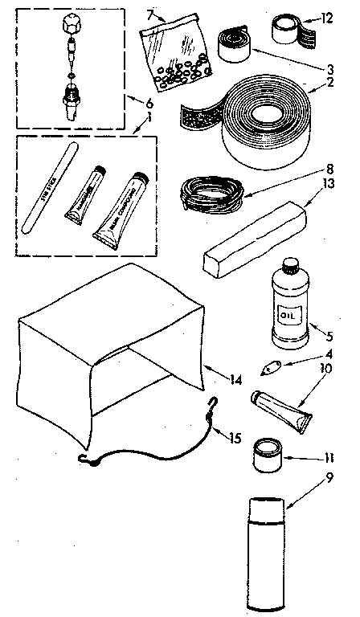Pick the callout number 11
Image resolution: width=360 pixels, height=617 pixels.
(x=327, y=460)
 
